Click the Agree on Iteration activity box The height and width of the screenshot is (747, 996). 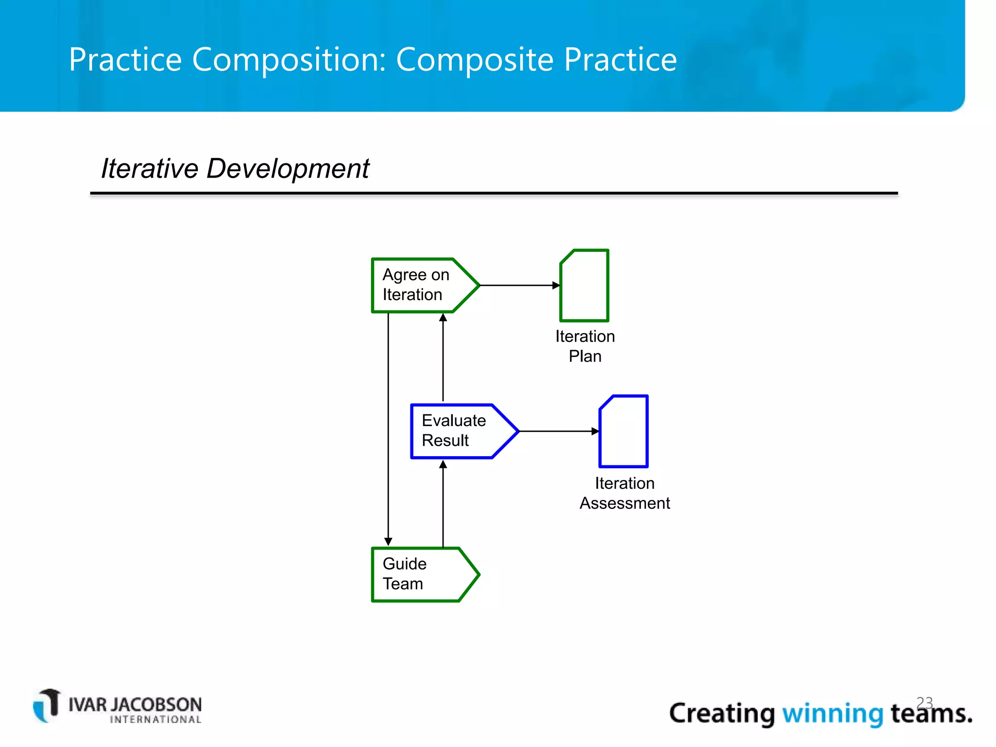[x=418, y=285]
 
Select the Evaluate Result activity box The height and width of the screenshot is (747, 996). [x=457, y=431]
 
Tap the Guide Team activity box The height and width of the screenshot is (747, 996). [x=418, y=574]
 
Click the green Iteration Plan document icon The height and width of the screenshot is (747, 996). [x=585, y=286]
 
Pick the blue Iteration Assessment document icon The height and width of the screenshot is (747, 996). [x=624, y=432]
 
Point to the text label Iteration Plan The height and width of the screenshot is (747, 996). [x=585, y=346]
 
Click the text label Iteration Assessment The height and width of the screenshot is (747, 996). [x=624, y=493]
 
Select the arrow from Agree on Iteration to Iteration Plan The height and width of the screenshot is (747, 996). [x=518, y=285]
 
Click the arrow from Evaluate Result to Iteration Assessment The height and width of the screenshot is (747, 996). [x=557, y=431]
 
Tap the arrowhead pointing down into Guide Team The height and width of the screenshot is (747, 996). [x=388, y=542]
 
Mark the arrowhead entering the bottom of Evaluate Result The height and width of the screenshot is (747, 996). [x=443, y=464]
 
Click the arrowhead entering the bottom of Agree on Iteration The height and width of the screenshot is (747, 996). [x=443, y=318]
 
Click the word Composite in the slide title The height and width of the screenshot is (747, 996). [x=475, y=59]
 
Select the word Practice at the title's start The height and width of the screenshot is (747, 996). [x=125, y=59]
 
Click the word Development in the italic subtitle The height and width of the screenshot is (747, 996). [x=287, y=169]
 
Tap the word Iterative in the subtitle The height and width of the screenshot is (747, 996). [x=150, y=169]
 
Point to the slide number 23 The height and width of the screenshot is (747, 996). [x=925, y=702]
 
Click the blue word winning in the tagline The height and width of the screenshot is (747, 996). [x=833, y=714]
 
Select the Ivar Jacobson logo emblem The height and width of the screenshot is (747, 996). [x=47, y=705]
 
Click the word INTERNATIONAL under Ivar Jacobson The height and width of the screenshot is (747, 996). [x=156, y=720]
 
